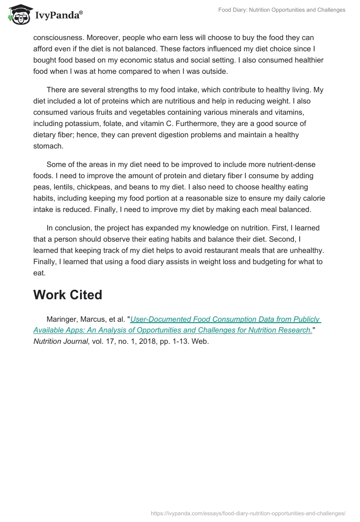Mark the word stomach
click(48, 146)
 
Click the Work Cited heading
click(67, 295)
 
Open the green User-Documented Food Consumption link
click(225, 319)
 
